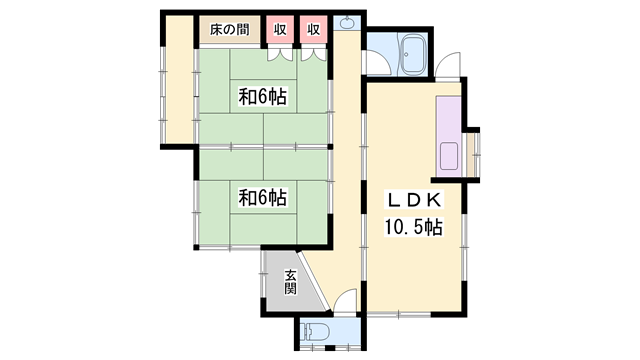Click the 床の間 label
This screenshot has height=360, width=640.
(x=229, y=29)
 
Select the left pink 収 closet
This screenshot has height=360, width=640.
(x=280, y=29)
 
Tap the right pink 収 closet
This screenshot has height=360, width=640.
(x=313, y=29)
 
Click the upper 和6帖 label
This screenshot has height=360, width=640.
(x=263, y=97)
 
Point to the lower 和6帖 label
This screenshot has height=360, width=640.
(x=263, y=198)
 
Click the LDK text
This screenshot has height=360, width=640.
(x=414, y=200)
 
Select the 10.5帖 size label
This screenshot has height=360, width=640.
(x=413, y=227)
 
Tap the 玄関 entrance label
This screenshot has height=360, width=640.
(x=290, y=282)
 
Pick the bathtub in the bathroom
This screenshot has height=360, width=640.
(x=414, y=54)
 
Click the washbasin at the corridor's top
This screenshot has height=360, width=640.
(x=347, y=23)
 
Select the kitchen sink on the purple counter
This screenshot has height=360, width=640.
(x=449, y=156)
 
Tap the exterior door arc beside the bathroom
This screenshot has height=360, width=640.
(x=448, y=65)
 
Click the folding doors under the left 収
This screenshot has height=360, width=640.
(x=280, y=55)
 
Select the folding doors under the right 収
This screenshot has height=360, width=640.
(x=314, y=55)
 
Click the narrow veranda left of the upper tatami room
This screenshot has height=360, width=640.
(x=178, y=79)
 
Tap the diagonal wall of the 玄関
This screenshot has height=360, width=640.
(x=312, y=281)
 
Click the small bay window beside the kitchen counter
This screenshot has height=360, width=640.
(x=473, y=154)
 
